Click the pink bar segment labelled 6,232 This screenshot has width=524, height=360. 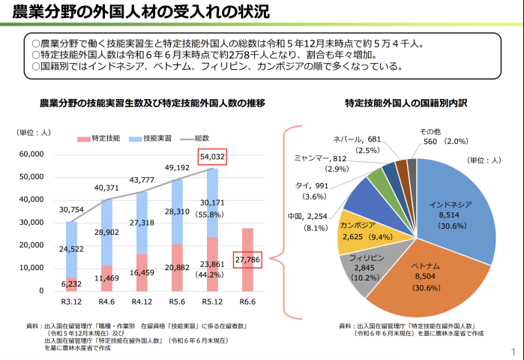(70, 283)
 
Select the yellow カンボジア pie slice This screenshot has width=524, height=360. (355, 231)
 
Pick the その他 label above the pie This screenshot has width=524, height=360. (430, 130)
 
